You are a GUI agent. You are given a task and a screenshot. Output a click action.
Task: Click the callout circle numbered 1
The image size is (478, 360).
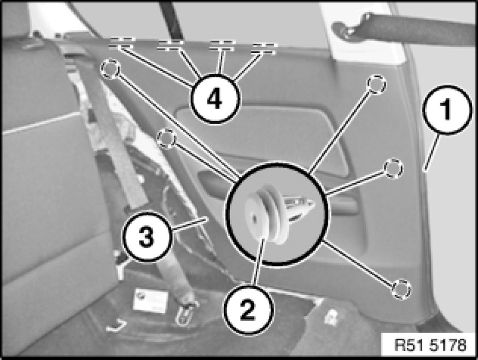point(447,109)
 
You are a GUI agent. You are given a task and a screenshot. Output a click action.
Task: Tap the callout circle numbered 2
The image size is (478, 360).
point(248,310)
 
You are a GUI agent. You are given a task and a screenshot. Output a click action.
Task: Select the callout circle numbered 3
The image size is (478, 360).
point(147,237)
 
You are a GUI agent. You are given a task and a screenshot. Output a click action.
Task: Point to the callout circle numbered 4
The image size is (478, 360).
point(215,99)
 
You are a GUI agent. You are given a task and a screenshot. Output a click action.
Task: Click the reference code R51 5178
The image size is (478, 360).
point(430,345)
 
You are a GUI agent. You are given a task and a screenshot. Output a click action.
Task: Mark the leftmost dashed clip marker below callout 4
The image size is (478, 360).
point(121,43)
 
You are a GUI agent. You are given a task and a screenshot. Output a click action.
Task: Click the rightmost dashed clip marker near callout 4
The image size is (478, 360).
point(264,49)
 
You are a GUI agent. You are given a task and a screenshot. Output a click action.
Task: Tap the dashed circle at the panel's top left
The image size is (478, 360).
point(110,69)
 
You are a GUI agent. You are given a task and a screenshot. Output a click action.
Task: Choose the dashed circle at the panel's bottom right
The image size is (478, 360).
point(401,288)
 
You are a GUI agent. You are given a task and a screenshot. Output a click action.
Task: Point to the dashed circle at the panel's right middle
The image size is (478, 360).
point(393,168)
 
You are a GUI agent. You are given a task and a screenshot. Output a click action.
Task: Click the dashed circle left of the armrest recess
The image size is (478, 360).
point(167,139)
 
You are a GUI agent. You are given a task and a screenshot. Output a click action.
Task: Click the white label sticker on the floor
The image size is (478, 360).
point(151,299)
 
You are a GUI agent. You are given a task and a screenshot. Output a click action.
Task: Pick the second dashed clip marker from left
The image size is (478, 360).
point(170,45)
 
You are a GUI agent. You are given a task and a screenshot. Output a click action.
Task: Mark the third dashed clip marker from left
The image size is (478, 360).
point(222,45)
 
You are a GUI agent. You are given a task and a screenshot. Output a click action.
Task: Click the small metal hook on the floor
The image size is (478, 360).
point(116,326)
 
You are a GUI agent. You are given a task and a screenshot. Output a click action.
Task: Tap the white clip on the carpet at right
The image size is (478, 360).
point(332,317)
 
